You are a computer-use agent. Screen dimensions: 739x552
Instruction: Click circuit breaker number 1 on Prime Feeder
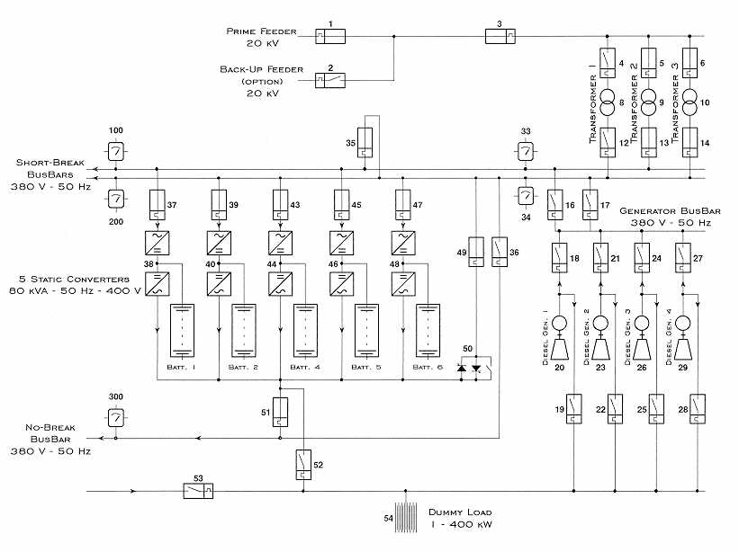pos(330,36)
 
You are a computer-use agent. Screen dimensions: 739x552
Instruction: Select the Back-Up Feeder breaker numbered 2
pos(330,81)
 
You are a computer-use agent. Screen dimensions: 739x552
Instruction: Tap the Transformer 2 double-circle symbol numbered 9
pos(648,102)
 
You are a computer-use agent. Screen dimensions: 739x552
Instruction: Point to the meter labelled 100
pos(115,152)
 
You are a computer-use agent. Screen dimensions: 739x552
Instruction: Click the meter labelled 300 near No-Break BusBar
pos(116,417)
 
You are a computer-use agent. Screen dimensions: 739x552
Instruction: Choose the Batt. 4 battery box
pos(305,330)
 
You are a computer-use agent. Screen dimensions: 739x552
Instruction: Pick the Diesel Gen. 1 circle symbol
pos(560,323)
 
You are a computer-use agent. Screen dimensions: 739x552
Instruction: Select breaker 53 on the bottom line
pos(198,491)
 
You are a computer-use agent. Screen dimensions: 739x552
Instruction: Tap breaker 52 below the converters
pos(303,465)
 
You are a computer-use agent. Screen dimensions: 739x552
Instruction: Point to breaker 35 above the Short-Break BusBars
pos(365,143)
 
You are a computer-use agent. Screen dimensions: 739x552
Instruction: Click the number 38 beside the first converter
pos(149,264)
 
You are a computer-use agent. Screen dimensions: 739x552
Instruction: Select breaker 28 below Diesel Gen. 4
pos(698,409)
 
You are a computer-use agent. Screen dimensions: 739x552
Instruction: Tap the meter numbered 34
pos(526,196)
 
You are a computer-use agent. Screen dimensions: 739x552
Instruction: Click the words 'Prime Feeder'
pos(262,31)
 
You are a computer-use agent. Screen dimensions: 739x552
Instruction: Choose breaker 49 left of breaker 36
pos(476,252)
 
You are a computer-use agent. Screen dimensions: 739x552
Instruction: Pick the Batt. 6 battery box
pos(428,330)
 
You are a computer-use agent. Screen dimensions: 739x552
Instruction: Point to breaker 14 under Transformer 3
pos(690,143)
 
